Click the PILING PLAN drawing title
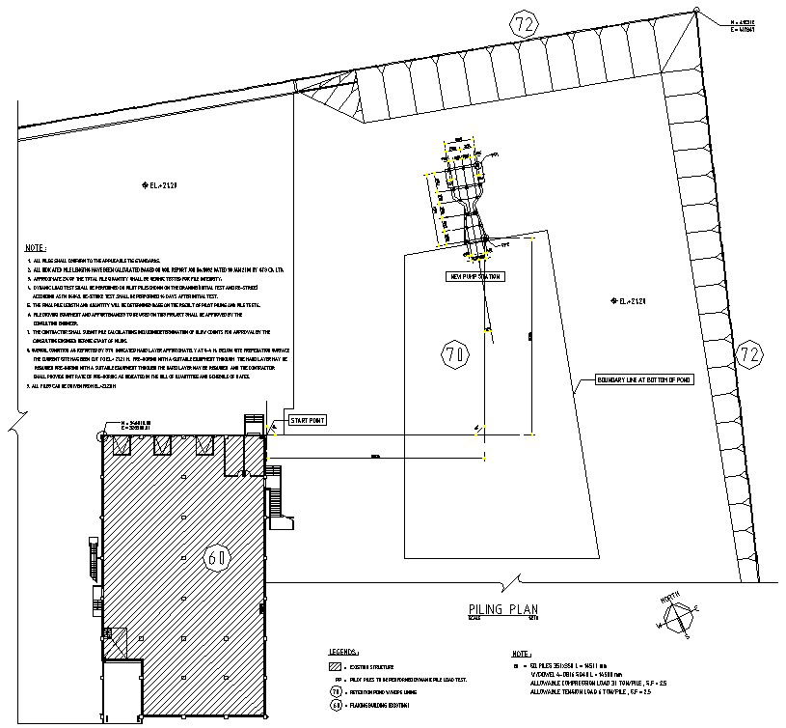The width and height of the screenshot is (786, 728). (x=501, y=609)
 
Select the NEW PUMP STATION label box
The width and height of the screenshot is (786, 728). (x=475, y=276)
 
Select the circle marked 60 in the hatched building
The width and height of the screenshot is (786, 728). (x=217, y=557)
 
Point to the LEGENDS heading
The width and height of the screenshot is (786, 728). (x=344, y=652)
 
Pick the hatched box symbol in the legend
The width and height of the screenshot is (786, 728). (x=335, y=666)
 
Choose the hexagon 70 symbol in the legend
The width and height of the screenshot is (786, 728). (x=335, y=692)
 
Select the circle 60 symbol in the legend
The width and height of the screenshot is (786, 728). (x=335, y=706)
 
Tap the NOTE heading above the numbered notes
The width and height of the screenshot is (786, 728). (x=36, y=248)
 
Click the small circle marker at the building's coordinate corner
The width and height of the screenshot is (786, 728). (x=102, y=436)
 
